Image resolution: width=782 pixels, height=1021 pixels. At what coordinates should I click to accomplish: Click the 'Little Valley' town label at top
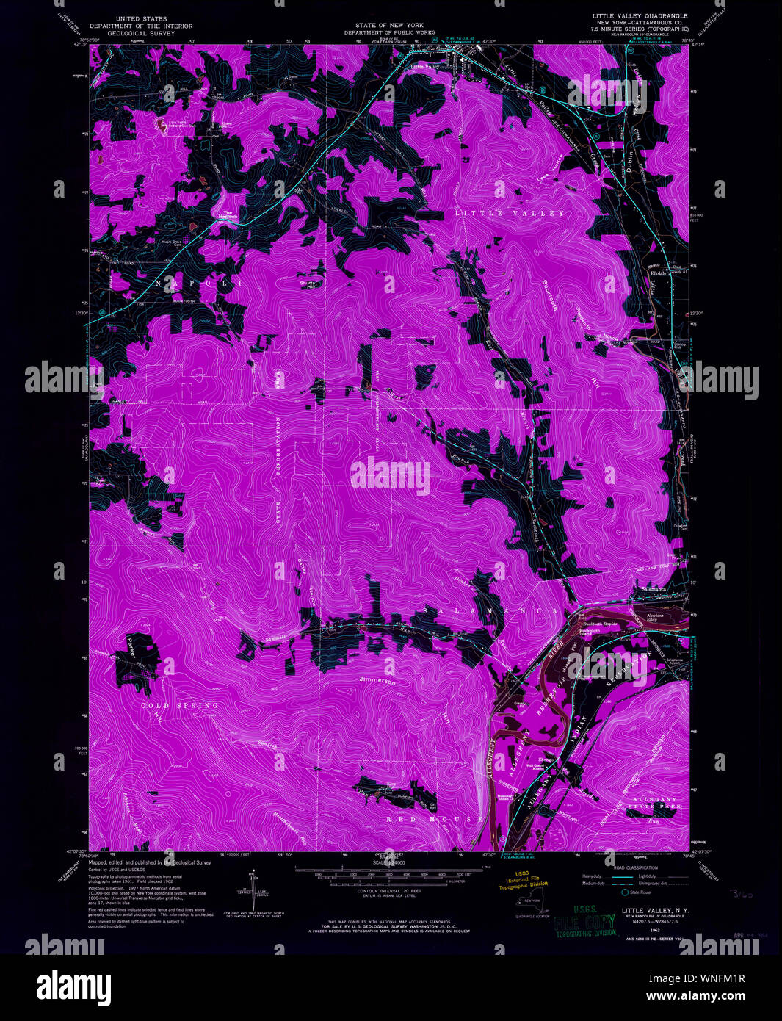pyautogui.click(x=425, y=67)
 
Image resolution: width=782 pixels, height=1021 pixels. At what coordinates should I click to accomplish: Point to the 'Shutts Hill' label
pyautogui.click(x=309, y=283)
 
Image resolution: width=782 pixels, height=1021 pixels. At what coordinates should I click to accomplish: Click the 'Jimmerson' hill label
pyautogui.click(x=378, y=682)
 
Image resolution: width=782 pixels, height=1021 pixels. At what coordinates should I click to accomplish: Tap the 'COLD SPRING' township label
pyautogui.click(x=180, y=705)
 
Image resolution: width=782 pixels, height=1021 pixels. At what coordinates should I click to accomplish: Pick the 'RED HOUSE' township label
pyautogui.click(x=435, y=818)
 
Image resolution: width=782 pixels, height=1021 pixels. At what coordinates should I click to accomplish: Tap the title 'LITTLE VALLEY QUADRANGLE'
pyautogui.click(x=640, y=15)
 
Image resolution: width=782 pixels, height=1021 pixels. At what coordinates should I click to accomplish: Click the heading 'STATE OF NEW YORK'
pyautogui.click(x=389, y=26)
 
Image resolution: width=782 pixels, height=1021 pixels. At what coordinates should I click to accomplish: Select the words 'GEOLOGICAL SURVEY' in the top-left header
pyautogui.click(x=140, y=33)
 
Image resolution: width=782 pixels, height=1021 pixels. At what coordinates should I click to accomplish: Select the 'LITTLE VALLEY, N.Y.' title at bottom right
pyautogui.click(x=656, y=910)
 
